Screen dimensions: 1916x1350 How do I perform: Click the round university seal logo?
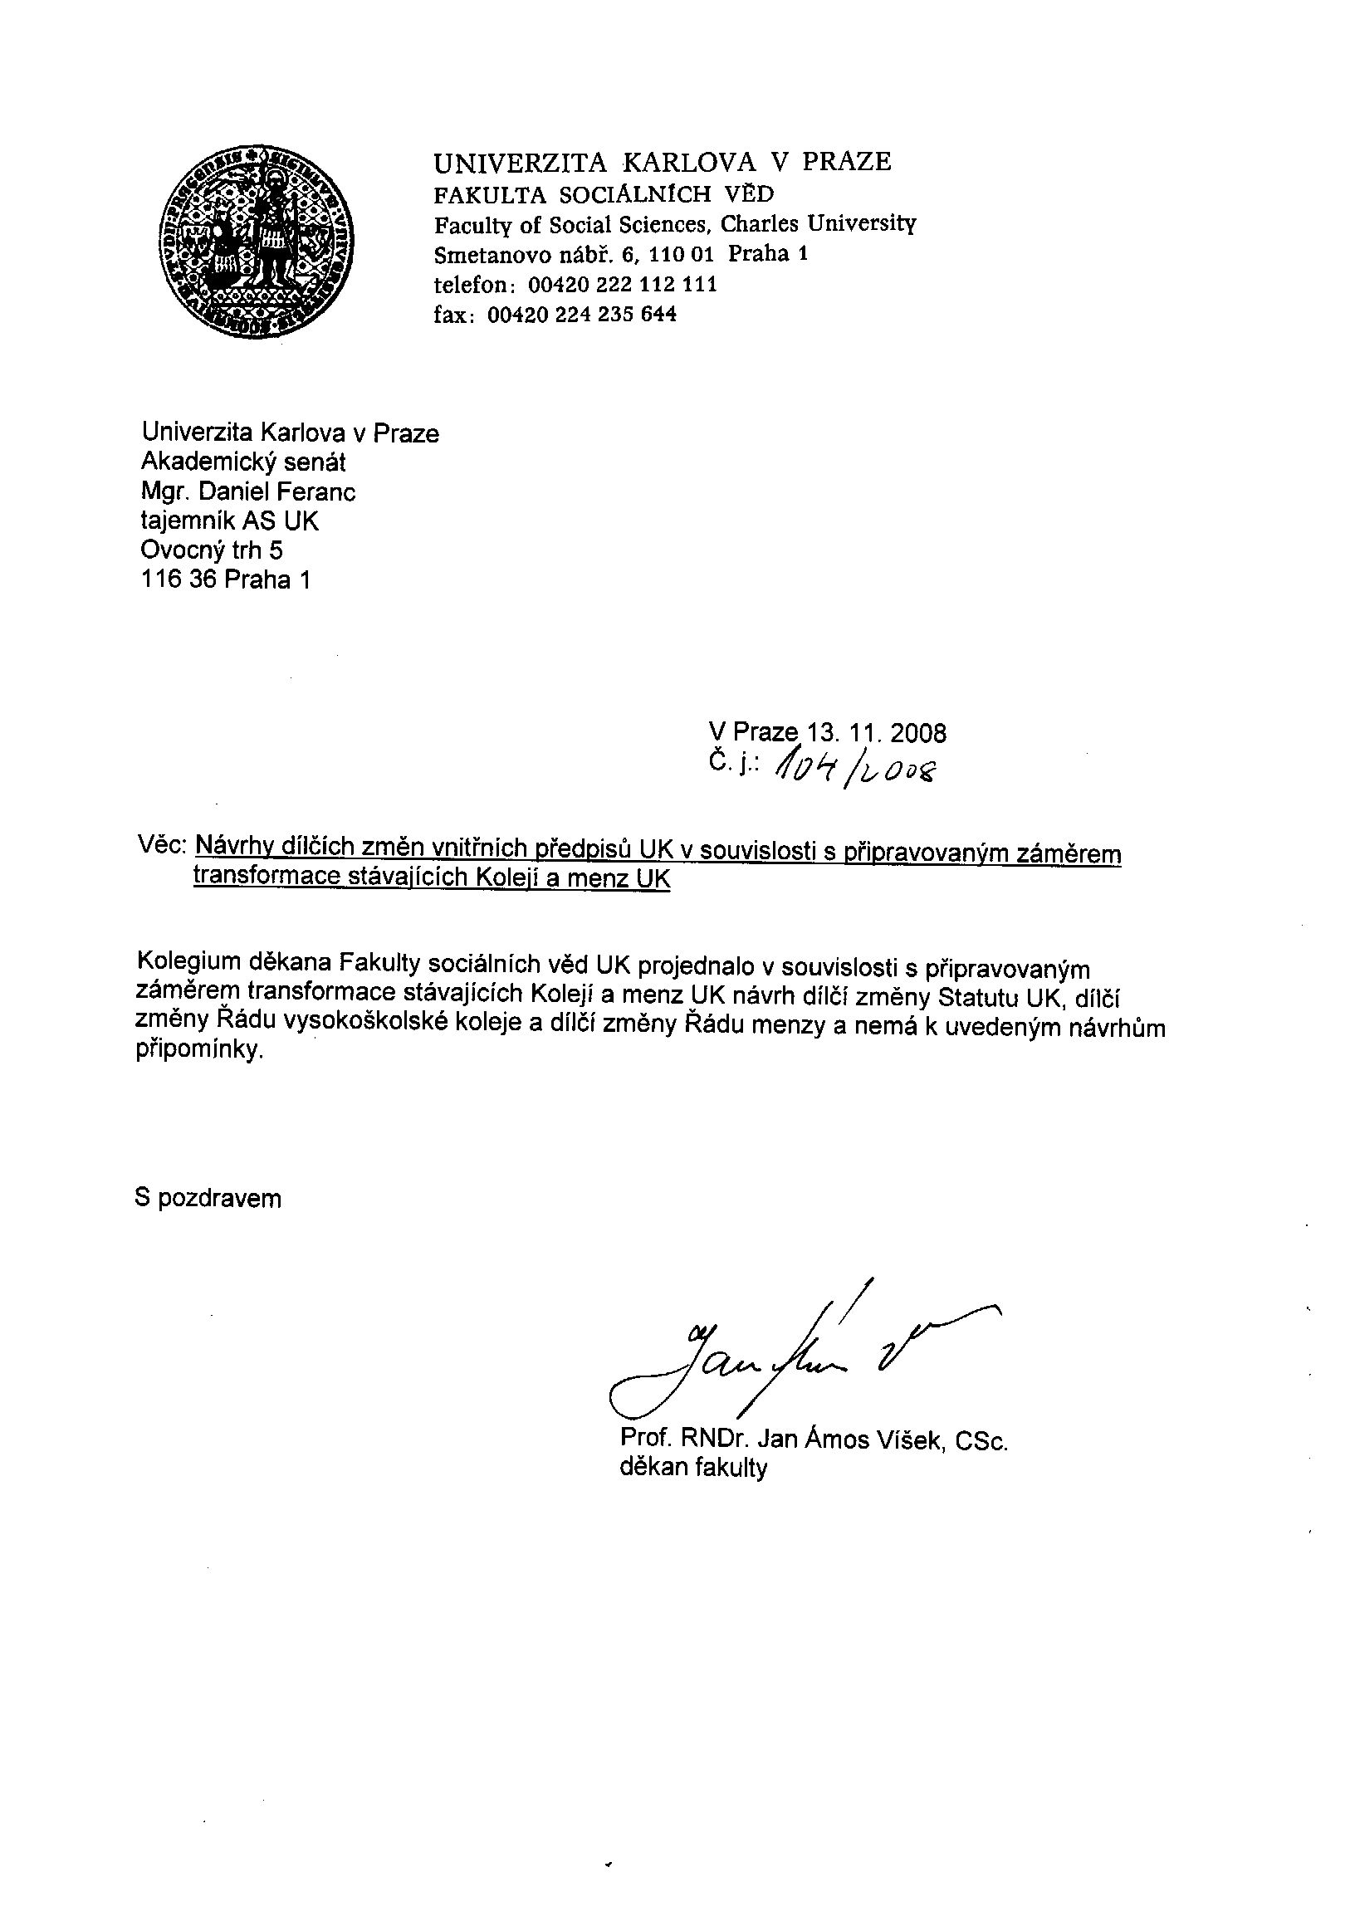(x=257, y=242)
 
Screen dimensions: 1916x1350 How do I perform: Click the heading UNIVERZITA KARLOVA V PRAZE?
(x=662, y=161)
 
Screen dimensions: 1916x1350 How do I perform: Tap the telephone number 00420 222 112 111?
(x=623, y=285)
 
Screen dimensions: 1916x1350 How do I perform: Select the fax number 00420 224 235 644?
(x=581, y=315)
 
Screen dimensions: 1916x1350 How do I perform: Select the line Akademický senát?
(x=242, y=462)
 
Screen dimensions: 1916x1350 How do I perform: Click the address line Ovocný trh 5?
(x=212, y=550)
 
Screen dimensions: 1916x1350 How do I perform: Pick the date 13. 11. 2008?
(x=876, y=734)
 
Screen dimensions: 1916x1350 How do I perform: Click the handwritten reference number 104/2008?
(x=855, y=766)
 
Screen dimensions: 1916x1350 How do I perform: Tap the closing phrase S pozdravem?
(x=208, y=1200)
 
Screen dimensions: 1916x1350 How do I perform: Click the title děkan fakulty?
(x=692, y=1469)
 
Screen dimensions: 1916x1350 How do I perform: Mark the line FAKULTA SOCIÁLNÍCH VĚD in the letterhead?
(x=604, y=194)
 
